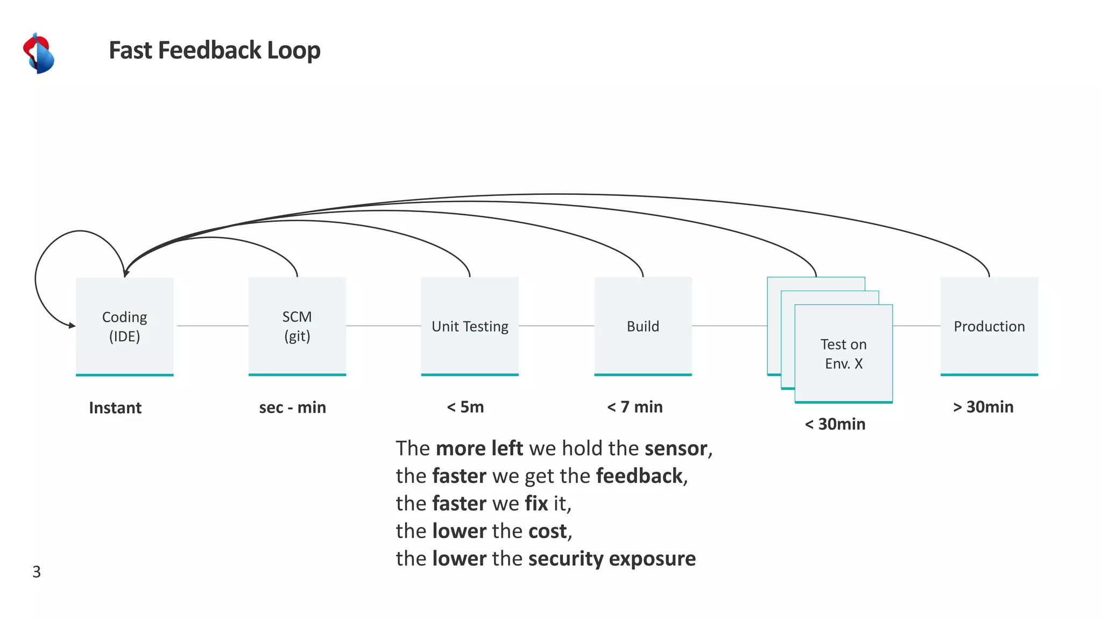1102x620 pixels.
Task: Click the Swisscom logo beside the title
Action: tap(39, 53)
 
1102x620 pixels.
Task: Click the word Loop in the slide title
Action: tap(294, 50)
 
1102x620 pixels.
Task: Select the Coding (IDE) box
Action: tap(124, 326)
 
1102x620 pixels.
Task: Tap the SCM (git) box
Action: tap(297, 326)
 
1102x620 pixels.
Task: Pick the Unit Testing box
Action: tap(470, 326)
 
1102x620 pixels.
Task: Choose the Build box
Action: tap(642, 326)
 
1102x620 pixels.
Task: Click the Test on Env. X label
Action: tap(843, 354)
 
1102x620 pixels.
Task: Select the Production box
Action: tap(989, 326)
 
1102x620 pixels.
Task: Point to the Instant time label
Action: tap(115, 408)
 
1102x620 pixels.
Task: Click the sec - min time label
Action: tap(292, 407)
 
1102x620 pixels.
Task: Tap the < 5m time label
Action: tap(465, 407)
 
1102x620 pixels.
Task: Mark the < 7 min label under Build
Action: tap(635, 407)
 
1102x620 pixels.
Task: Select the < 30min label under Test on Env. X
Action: tap(835, 424)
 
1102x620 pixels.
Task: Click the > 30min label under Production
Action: tap(983, 407)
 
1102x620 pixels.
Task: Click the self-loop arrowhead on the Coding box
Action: tap(72, 325)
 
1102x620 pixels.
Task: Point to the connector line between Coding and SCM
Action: tap(212, 326)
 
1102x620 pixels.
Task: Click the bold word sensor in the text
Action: tap(676, 448)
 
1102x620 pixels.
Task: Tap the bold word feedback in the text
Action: tap(639, 476)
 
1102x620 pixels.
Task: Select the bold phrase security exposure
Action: tap(612, 559)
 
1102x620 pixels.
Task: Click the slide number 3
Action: tap(37, 572)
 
